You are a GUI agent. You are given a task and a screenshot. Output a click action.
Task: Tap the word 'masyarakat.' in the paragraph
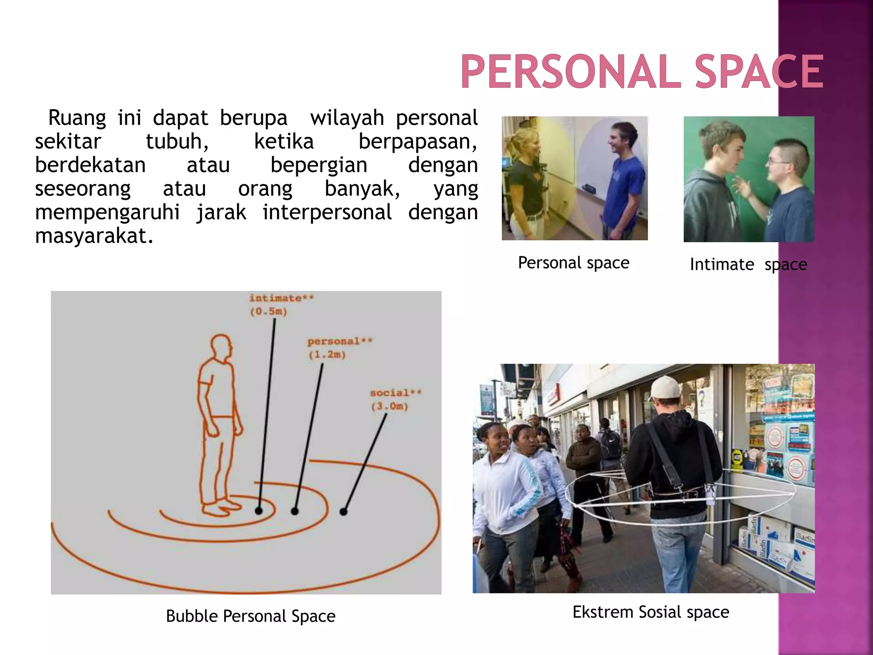(94, 236)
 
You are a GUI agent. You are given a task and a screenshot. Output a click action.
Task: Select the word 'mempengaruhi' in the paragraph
(107, 212)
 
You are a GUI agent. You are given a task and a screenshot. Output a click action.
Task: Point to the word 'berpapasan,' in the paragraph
(417, 142)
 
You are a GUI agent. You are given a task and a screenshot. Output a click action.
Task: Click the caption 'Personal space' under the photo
(573, 263)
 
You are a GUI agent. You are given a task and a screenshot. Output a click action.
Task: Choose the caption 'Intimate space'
(748, 264)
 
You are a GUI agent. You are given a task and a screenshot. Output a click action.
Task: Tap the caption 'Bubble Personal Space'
(251, 616)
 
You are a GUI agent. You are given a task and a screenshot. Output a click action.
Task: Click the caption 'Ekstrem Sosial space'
(650, 612)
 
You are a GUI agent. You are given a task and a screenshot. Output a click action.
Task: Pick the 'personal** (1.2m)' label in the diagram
(339, 348)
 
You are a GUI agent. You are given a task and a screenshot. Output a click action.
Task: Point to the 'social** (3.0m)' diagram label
(395, 399)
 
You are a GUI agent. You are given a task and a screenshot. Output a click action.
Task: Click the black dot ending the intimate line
(259, 510)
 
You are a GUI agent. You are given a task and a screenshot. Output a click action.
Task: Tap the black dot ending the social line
(344, 511)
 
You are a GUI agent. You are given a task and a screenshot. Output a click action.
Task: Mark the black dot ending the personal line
(295, 511)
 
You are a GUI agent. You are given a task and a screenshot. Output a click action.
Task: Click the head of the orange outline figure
(221, 348)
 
